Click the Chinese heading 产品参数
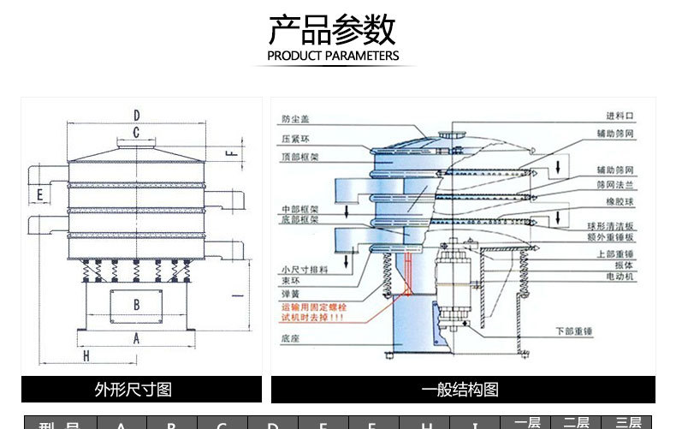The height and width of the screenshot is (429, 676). tap(332, 30)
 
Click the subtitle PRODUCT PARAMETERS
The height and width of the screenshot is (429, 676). tap(333, 57)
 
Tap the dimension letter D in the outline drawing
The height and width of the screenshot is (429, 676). tap(136, 115)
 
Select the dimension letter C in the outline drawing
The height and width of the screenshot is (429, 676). tap(136, 132)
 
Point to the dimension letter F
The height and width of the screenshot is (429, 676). tap(228, 153)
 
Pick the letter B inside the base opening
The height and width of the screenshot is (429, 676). tap(136, 304)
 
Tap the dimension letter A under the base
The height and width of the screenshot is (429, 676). tap(136, 338)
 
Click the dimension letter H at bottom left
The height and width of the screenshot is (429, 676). tap(86, 355)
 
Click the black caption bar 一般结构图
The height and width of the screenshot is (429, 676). tap(463, 390)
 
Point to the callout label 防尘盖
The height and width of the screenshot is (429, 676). tap(293, 118)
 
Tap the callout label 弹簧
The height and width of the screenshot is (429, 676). tap(289, 293)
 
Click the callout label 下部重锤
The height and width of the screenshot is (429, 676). tap(575, 330)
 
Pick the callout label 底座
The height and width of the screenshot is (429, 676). tap(289, 339)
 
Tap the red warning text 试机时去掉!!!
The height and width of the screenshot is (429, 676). tap(312, 317)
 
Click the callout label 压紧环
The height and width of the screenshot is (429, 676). tap(293, 137)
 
